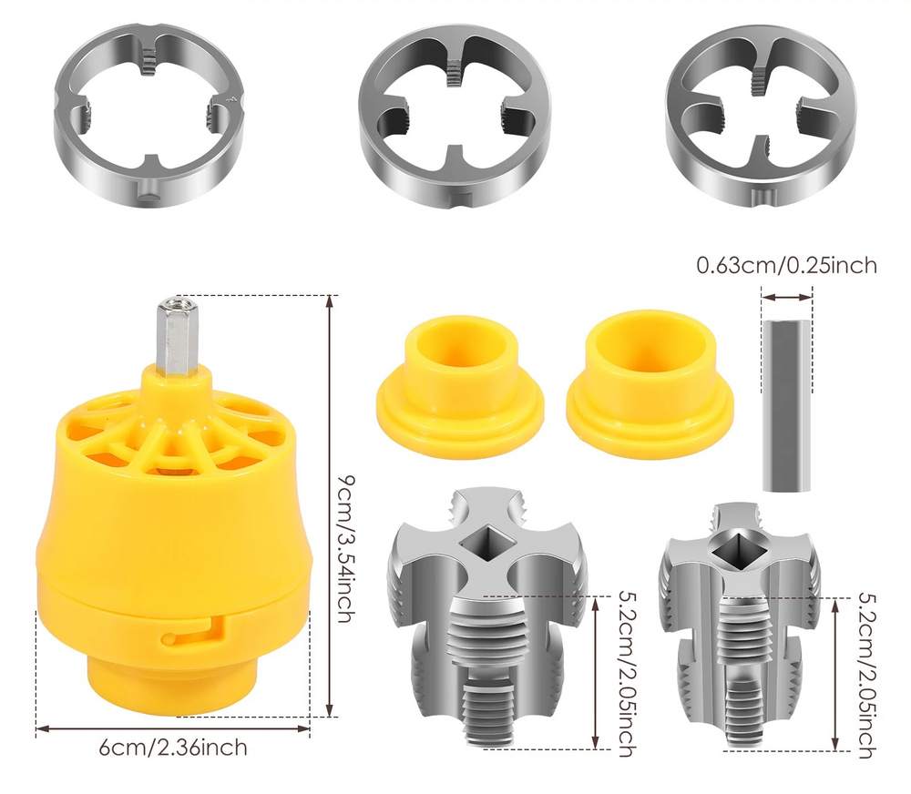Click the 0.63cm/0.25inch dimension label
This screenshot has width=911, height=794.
(x=786, y=266)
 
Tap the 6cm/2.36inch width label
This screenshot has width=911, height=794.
(x=173, y=748)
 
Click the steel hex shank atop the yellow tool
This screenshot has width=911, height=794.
(x=176, y=336)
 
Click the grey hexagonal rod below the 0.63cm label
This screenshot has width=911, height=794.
(x=784, y=404)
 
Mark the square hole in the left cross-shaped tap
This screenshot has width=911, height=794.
(x=488, y=544)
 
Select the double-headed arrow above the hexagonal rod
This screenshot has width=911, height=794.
(x=786, y=296)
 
